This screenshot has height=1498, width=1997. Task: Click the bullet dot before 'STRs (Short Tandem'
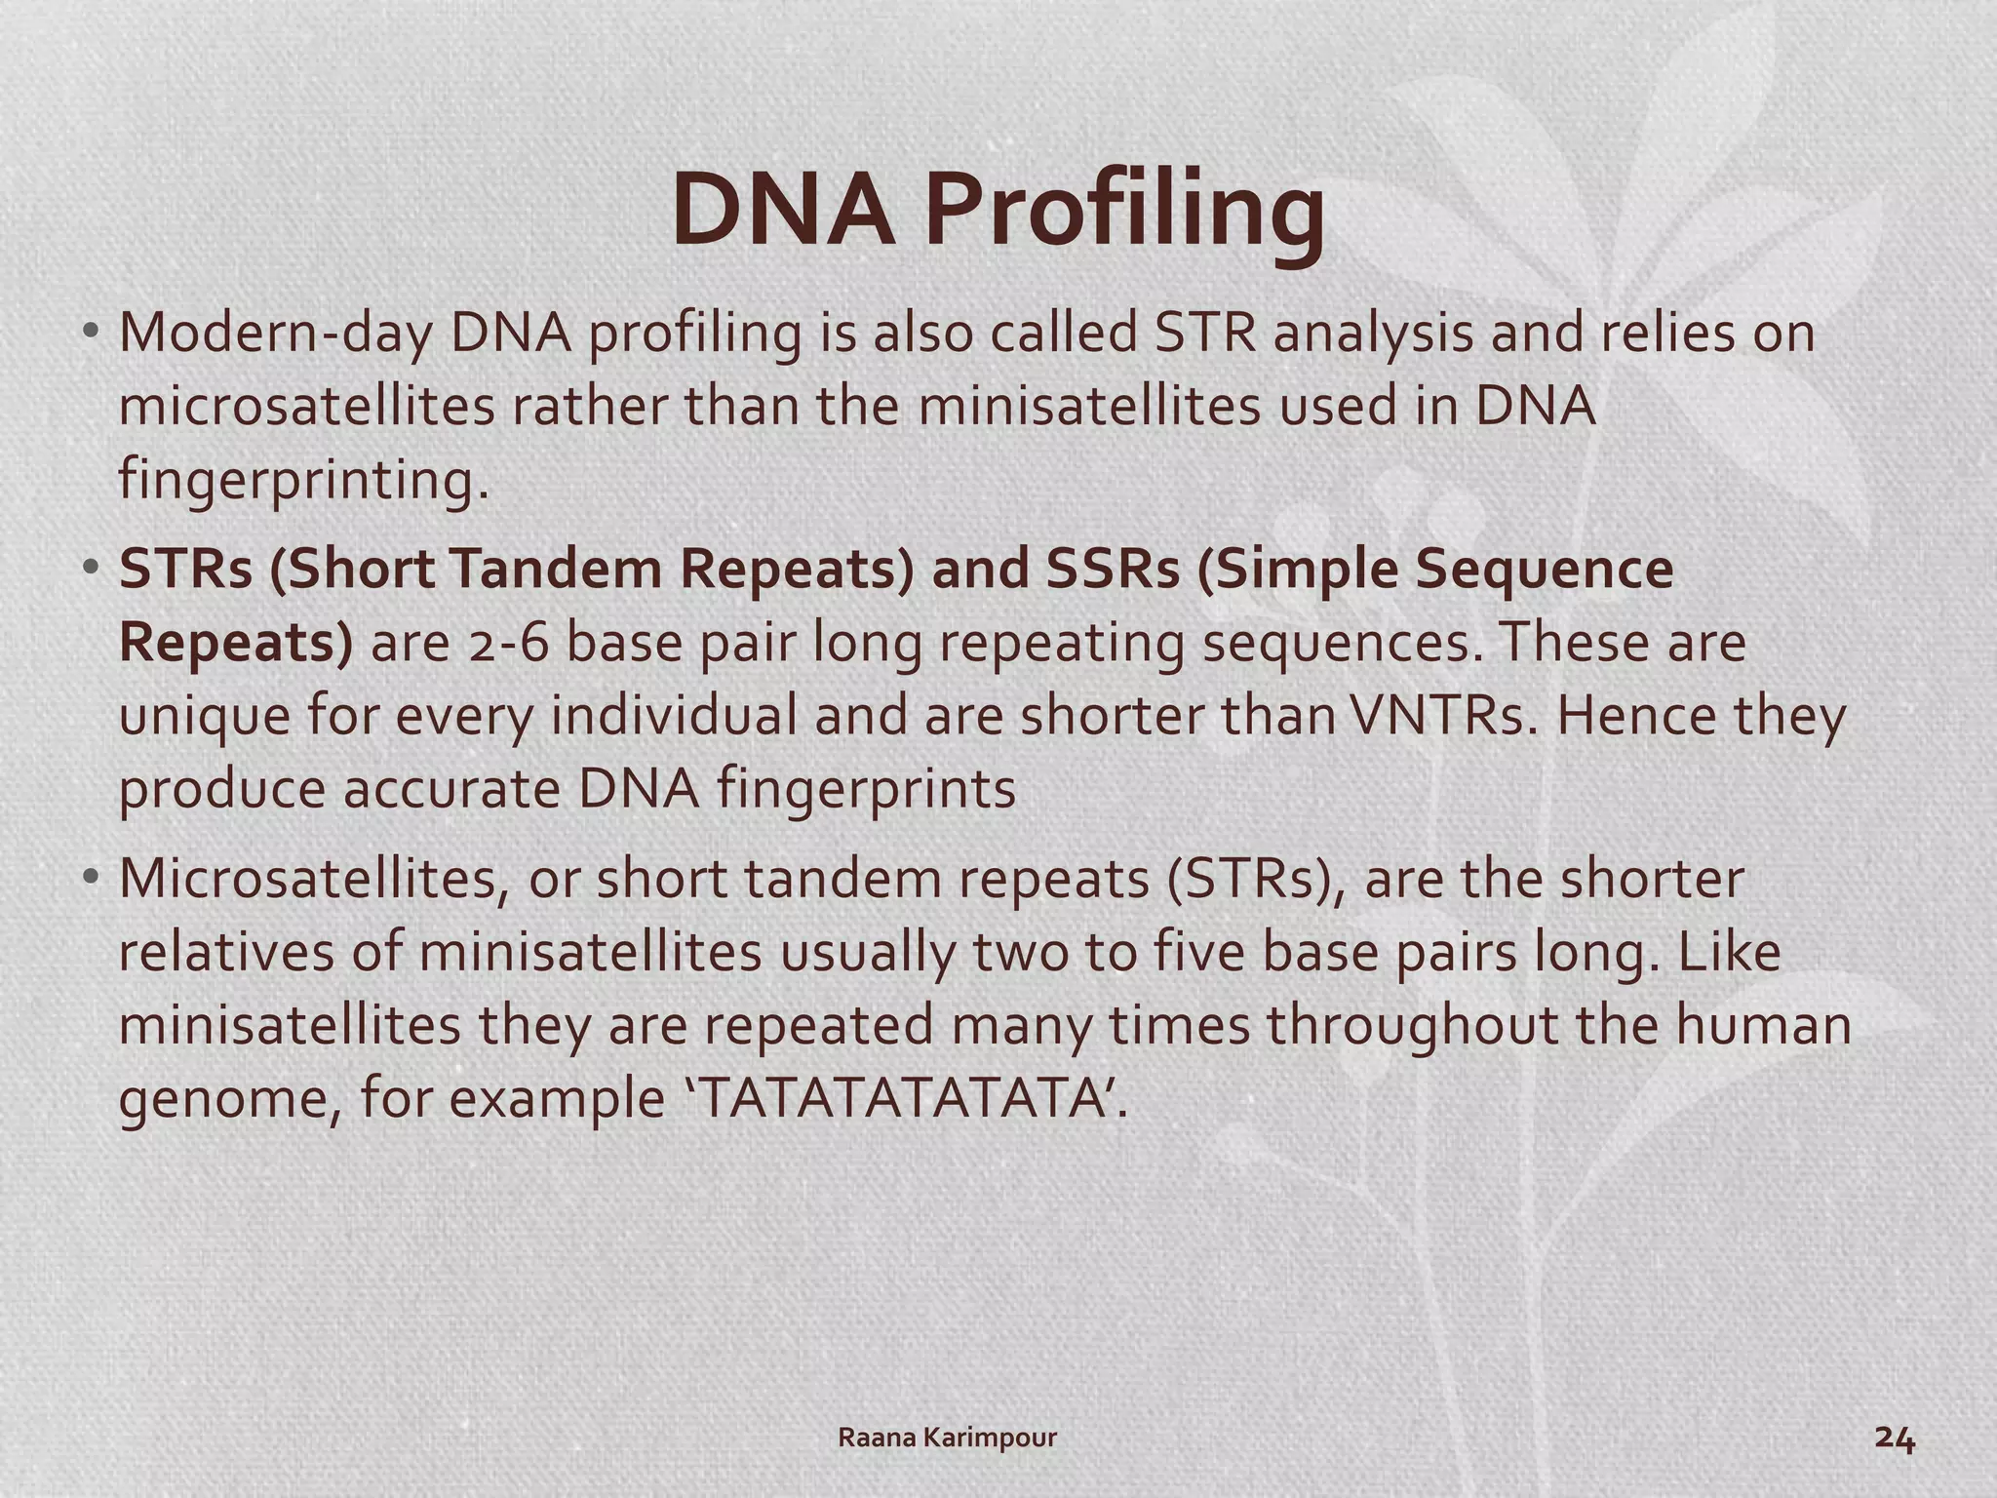pyautogui.click(x=91, y=568)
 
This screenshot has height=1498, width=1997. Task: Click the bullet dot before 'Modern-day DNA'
pyautogui.click(x=91, y=332)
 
